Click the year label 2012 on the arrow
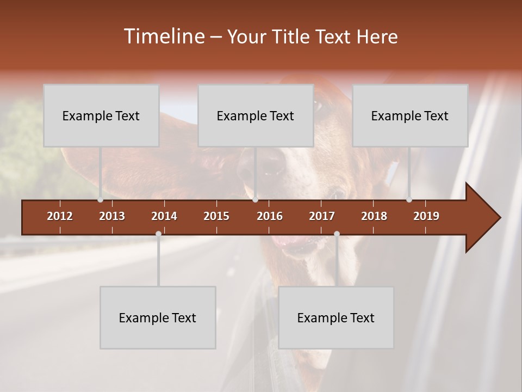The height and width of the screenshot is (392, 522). [x=60, y=216]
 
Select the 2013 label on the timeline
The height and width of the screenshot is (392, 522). [x=112, y=216]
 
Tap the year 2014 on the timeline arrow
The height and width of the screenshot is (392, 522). [x=164, y=216]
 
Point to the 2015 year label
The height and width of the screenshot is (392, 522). [x=216, y=216]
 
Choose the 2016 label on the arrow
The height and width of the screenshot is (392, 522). [x=270, y=216]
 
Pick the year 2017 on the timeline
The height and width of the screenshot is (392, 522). [x=322, y=216]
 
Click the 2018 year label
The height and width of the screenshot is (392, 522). [x=374, y=216]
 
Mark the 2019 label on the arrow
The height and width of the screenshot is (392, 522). [x=426, y=216]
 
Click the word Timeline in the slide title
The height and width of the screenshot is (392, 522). [x=163, y=36]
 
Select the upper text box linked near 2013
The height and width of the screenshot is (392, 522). [x=101, y=115]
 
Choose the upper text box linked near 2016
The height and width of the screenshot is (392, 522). [x=256, y=115]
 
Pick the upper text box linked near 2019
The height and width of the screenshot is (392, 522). [x=410, y=115]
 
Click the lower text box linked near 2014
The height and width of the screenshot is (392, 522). [x=158, y=317]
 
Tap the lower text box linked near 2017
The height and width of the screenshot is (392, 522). [x=336, y=317]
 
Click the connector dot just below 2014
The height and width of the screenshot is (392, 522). [x=158, y=234]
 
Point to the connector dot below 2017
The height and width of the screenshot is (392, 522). [x=337, y=234]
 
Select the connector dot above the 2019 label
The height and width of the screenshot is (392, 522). [x=409, y=200]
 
